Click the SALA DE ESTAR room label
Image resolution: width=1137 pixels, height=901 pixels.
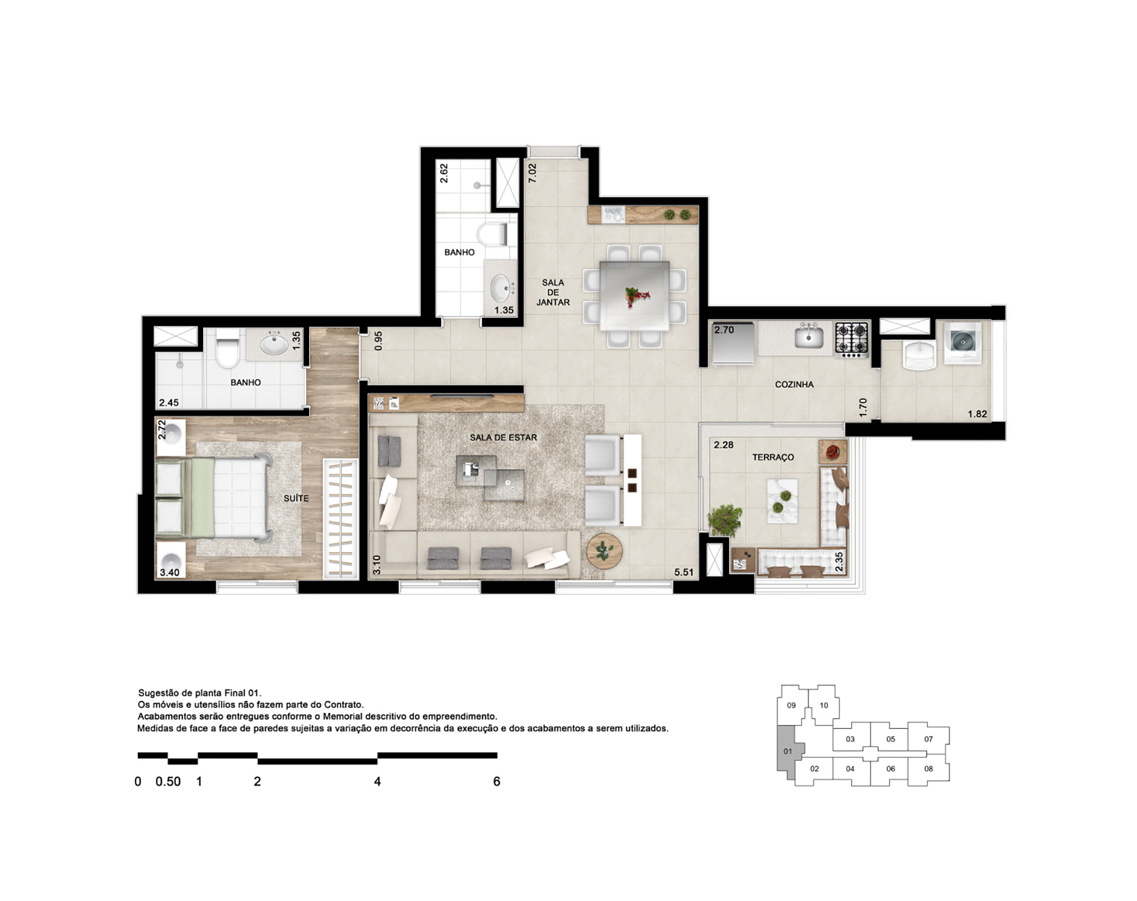(x=503, y=438)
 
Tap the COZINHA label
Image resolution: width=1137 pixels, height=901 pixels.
(x=794, y=384)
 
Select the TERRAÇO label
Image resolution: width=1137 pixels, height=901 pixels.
(x=773, y=457)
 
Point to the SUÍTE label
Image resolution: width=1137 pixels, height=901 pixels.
(x=296, y=498)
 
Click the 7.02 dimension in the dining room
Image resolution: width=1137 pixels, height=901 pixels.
(x=532, y=173)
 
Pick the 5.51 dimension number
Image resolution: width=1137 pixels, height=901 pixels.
(x=683, y=572)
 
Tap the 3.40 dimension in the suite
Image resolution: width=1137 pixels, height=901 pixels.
(x=169, y=572)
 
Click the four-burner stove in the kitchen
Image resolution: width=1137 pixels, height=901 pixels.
(x=852, y=339)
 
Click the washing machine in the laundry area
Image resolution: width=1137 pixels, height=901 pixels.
(x=962, y=342)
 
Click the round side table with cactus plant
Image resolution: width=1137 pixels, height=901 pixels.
(x=605, y=551)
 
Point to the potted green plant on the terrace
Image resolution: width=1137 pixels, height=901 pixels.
(x=724, y=520)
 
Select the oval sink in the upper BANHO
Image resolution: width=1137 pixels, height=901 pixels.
(x=503, y=288)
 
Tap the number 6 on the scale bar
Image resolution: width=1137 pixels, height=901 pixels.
(x=496, y=781)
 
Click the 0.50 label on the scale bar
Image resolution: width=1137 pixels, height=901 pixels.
(x=168, y=781)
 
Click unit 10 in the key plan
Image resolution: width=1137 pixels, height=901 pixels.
(x=824, y=706)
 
